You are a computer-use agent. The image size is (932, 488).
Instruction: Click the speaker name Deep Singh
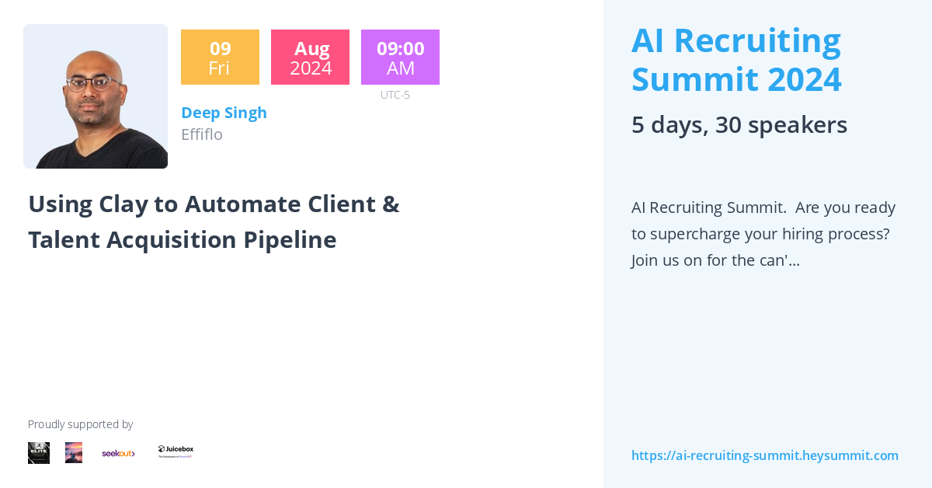point(224,113)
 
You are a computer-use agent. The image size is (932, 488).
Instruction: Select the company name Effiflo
point(202,134)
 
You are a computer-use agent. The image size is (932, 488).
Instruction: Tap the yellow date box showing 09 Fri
point(220,58)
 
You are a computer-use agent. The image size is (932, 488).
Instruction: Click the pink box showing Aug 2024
point(310,58)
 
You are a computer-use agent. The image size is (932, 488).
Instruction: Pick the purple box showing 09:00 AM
point(400,58)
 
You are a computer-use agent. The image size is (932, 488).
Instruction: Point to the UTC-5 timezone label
point(395,95)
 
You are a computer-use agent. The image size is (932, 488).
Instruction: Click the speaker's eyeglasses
point(94,84)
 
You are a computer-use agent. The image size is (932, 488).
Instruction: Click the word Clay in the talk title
point(128,204)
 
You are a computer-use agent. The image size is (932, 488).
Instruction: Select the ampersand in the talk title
point(391,204)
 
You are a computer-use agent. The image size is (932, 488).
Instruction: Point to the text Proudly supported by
point(80,424)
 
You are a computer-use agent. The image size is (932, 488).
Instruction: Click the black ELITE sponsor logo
point(39,453)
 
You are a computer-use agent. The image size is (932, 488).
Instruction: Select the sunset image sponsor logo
point(74,453)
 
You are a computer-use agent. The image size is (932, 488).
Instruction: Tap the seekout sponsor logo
point(118,453)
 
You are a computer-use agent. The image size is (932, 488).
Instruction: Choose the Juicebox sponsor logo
point(176,451)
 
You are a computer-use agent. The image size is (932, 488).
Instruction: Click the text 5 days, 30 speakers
point(739,125)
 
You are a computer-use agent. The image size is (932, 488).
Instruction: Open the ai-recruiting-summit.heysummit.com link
point(764,455)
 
